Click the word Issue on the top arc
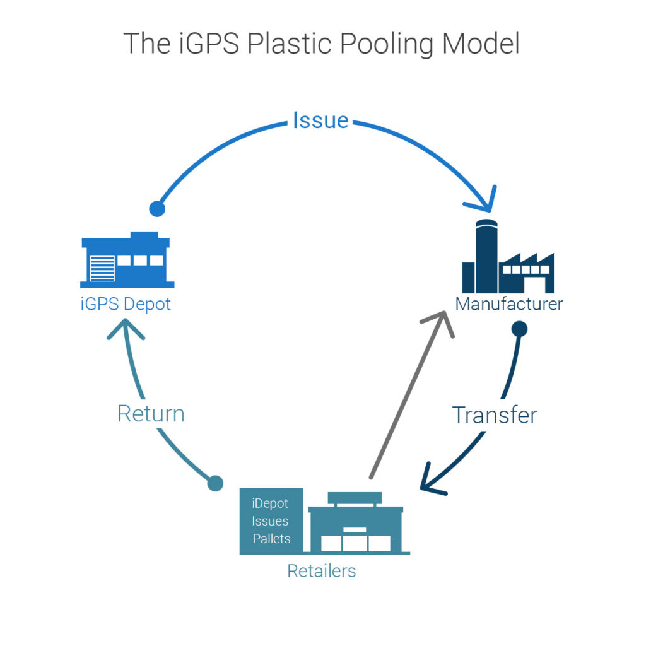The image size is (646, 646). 320,120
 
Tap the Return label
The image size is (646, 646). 151,414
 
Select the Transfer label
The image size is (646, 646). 495,415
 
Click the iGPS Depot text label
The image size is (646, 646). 126,303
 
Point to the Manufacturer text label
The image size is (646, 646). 508,304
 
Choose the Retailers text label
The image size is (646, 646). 321,571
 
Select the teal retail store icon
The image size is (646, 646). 356,524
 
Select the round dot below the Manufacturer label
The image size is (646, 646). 519,328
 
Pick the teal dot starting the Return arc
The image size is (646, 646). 215,483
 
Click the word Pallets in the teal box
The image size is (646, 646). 271,539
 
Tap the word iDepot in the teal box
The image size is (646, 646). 270,503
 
